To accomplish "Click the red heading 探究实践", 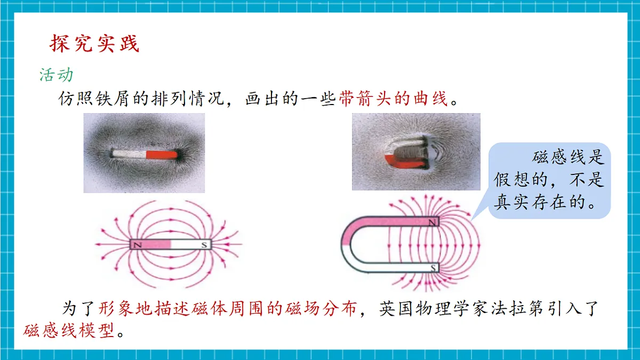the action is pyautogui.click(x=94, y=43).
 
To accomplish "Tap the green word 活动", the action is pyautogui.click(x=57, y=75).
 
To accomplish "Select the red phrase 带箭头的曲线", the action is pyautogui.click(x=393, y=99).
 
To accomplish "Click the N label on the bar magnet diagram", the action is pyautogui.click(x=138, y=245).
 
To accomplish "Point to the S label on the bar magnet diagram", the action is pyautogui.click(x=204, y=245).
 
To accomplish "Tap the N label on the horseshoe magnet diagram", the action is pyautogui.click(x=432, y=222).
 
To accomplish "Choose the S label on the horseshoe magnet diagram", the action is pyautogui.click(x=433, y=268).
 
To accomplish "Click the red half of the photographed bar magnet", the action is pyautogui.click(x=162, y=155).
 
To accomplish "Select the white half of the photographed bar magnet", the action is pyautogui.click(x=129, y=154).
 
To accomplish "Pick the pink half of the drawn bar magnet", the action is pyautogui.click(x=151, y=245).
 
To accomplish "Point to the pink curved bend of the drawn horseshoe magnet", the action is pyautogui.click(x=349, y=232).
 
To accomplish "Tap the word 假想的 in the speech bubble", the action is pyautogui.click(x=521, y=179).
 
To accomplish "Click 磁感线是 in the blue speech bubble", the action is pyautogui.click(x=568, y=157).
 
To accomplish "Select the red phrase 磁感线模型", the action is pyautogui.click(x=69, y=331).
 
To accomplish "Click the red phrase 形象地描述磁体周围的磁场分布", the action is pyautogui.click(x=228, y=309).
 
